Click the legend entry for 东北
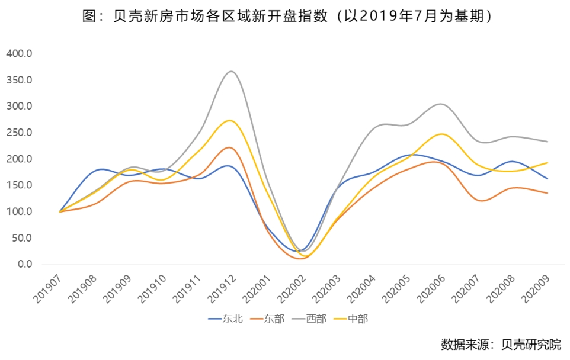pyautogui.click(x=226, y=319)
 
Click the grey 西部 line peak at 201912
pyautogui.click(x=231, y=72)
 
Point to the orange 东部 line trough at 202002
pyautogui.click(x=300, y=258)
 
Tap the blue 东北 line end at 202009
pyautogui.click(x=547, y=178)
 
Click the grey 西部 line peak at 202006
pyautogui.click(x=440, y=104)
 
